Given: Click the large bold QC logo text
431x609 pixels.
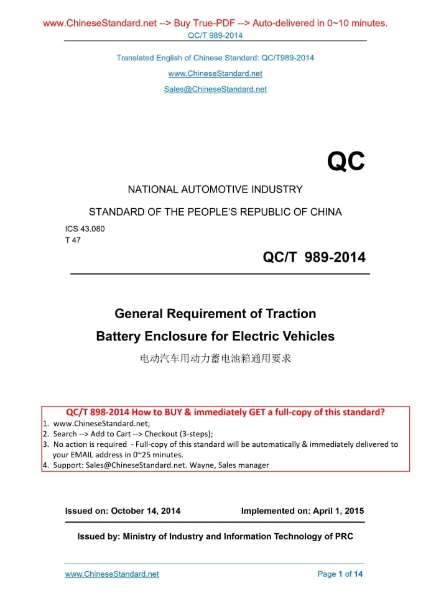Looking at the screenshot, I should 346,162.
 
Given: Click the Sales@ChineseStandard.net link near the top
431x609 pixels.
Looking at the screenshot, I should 215,89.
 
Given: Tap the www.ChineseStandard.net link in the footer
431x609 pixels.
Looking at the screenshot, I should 112,574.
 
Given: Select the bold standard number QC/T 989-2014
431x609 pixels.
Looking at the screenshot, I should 314,257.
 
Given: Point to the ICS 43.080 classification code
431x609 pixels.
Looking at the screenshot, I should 85,228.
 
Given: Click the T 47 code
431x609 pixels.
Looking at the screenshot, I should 73,240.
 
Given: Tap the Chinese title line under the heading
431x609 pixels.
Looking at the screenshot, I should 215,359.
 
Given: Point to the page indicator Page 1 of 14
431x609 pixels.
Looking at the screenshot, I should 340,574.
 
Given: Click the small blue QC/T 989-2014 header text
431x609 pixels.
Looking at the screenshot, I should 215,35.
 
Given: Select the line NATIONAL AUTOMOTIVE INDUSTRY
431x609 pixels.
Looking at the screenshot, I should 215,190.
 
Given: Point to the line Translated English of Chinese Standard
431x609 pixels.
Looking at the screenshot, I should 215,58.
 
